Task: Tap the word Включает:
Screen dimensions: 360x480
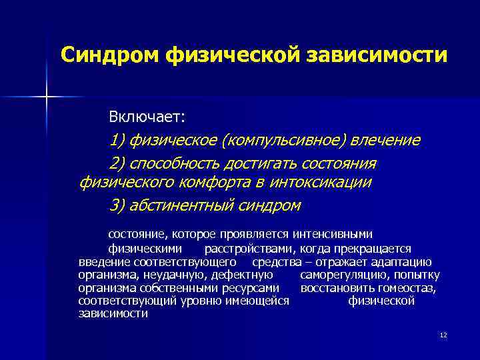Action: pos(147,117)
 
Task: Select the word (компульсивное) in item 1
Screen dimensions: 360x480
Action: pos(281,141)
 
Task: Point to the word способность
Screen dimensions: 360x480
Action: pos(174,164)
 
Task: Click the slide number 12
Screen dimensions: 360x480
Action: pos(443,335)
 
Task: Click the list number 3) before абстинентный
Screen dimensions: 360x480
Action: pos(117,205)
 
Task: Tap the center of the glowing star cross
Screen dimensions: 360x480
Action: pos(47,97)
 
